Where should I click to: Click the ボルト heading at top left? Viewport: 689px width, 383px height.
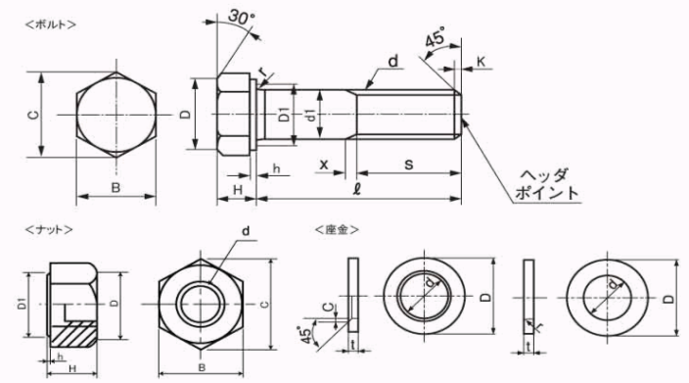point(51,24)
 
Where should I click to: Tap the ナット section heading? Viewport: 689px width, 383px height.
point(49,229)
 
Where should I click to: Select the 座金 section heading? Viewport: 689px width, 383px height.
point(338,229)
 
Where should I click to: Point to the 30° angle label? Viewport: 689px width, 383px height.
point(241,18)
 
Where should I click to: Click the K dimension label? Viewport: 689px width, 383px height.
point(482,62)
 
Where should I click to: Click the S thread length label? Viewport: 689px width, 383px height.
point(409,165)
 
